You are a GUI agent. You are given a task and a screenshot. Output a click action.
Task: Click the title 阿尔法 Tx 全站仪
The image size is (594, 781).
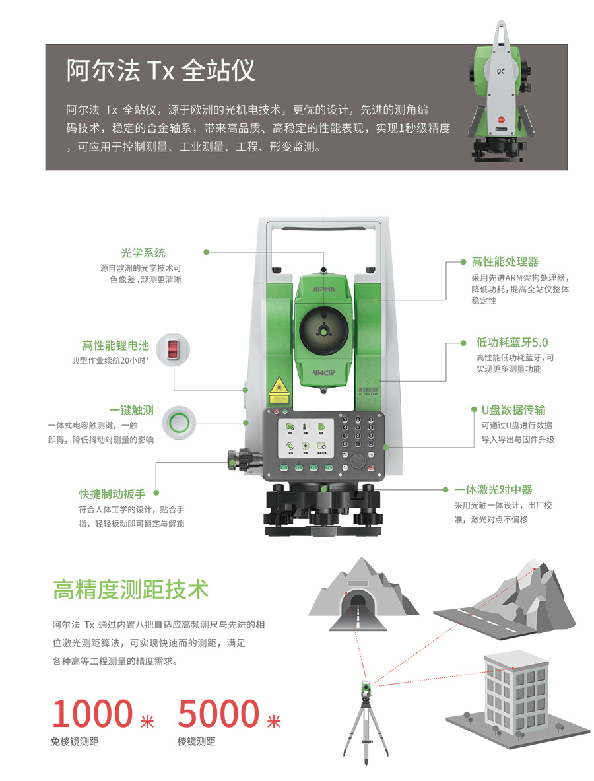[x=160, y=70]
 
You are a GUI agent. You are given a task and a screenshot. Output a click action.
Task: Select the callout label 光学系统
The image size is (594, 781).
[x=143, y=253]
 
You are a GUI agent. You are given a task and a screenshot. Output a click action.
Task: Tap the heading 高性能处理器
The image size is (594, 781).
[x=505, y=261]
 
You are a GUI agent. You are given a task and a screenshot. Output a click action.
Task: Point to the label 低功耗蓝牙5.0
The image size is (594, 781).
[x=512, y=342]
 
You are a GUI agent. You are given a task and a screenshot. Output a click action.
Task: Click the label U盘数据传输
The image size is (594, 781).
[x=513, y=410]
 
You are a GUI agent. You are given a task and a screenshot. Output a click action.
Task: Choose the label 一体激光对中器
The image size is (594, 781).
[x=494, y=490]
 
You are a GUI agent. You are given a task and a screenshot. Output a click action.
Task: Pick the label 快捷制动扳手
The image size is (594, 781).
[x=112, y=494]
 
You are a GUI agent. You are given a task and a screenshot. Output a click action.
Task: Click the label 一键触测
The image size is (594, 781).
[x=131, y=411]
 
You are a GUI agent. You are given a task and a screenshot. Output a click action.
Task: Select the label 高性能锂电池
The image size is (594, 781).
[x=115, y=345]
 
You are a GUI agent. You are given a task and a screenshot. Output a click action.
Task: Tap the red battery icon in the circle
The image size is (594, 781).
[x=173, y=350]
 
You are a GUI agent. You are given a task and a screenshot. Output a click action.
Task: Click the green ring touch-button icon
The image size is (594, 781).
[x=180, y=423]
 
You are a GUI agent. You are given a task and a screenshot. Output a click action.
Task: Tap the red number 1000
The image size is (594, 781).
[x=92, y=714]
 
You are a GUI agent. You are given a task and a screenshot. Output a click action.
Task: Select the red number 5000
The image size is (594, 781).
[x=218, y=714]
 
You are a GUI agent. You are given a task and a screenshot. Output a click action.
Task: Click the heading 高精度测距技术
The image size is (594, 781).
[x=131, y=590]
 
